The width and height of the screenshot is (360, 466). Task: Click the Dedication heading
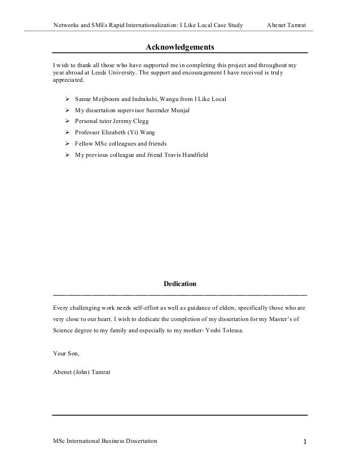(x=180, y=283)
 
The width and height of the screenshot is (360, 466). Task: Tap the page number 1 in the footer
(x=304, y=441)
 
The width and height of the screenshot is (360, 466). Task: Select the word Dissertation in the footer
(x=137, y=440)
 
